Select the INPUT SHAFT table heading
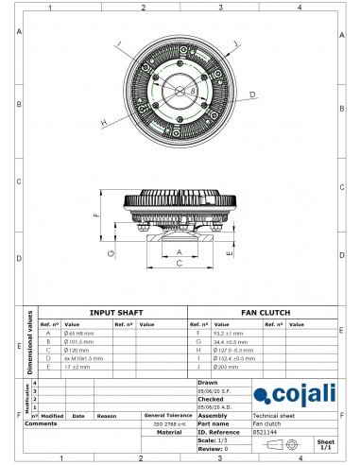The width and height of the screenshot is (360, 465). click(115, 312)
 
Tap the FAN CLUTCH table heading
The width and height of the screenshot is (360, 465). click(266, 312)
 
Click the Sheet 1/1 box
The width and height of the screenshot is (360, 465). click(325, 443)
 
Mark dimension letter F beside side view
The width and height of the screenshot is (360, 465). click(96, 216)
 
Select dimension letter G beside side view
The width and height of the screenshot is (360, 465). click(111, 253)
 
